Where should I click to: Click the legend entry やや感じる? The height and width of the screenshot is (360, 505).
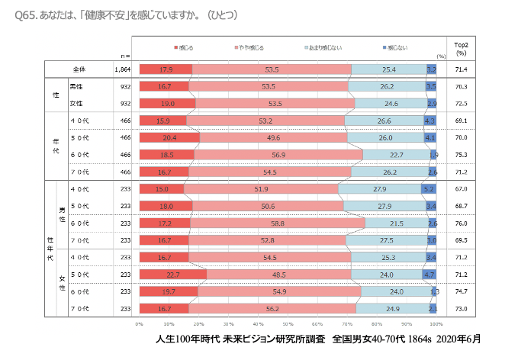250,48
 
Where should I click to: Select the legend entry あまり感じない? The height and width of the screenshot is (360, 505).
324,48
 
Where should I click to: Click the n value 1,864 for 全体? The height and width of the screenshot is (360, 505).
124,69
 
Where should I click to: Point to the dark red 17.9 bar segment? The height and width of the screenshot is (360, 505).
165,69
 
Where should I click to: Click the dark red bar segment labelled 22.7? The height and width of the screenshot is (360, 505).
173,274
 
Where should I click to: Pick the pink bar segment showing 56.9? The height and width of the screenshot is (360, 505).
278,154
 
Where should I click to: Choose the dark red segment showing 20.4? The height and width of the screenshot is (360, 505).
169,137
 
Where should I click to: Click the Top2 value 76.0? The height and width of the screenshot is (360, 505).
461,223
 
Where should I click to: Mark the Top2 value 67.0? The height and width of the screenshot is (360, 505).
461,188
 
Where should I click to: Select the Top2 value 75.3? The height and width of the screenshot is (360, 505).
461,154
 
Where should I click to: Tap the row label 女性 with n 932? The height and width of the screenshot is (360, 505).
77,103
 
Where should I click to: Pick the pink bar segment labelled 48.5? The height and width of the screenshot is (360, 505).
279,274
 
